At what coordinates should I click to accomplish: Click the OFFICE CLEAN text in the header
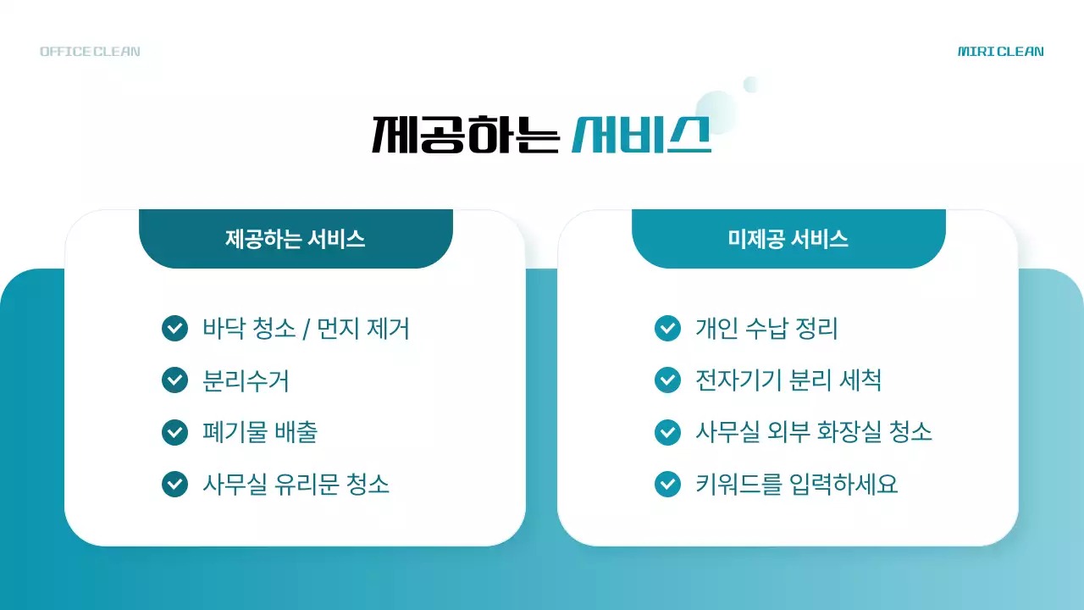point(90,52)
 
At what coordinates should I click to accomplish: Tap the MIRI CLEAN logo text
point(1000,52)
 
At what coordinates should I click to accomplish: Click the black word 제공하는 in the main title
point(466,134)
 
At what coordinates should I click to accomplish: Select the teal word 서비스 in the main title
point(641,134)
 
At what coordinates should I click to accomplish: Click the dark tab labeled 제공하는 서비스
point(296,239)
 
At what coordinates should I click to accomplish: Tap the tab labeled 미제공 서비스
point(788,239)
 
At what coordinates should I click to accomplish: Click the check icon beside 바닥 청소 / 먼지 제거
point(174,328)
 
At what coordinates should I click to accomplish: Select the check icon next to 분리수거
point(174,380)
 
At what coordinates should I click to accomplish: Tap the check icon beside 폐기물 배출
point(174,432)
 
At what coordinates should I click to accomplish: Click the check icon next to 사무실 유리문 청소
point(174,484)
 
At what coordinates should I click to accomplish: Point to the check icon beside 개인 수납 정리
point(667,328)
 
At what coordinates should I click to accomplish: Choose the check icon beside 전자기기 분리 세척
point(667,380)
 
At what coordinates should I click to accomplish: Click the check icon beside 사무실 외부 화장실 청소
point(667,432)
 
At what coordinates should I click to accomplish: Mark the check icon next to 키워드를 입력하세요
point(667,484)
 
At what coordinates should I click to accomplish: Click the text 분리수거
point(246,380)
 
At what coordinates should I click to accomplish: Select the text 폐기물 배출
point(260,432)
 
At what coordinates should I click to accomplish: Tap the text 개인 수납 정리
point(766,328)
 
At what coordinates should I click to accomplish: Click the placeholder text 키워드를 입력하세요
point(796,484)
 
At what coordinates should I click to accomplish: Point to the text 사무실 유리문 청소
point(296,484)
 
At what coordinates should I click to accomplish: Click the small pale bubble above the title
point(750,84)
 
